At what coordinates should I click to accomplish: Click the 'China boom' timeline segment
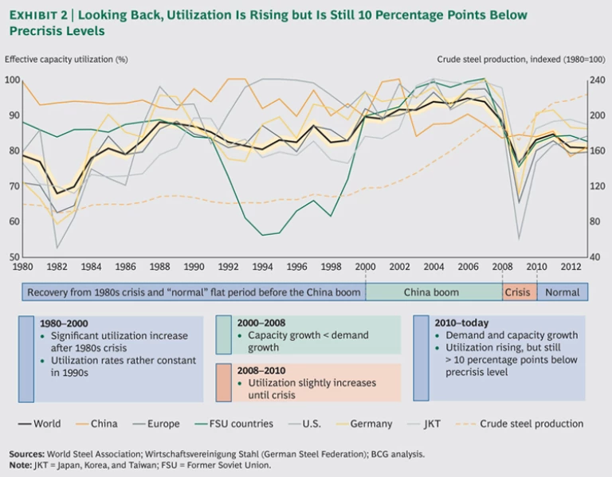(x=433, y=292)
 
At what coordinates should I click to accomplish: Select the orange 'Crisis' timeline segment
(x=518, y=292)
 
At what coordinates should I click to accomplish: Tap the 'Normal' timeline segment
(x=563, y=292)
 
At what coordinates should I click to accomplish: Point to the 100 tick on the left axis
(x=12, y=80)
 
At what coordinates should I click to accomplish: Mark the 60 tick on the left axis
(x=12, y=221)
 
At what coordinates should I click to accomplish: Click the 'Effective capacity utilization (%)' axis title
(x=65, y=59)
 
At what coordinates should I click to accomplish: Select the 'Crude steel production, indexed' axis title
(x=522, y=59)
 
